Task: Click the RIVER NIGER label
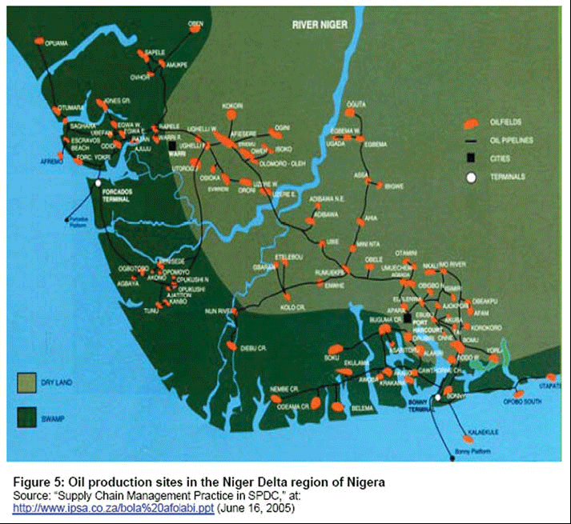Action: pos(320,25)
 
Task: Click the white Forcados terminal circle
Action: pos(99,183)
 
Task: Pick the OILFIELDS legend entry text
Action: pos(506,122)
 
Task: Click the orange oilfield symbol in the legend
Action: pos(472,122)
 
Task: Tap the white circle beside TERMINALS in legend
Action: pos(472,176)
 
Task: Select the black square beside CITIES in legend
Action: pos(472,158)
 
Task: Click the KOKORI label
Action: pos(232,106)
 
